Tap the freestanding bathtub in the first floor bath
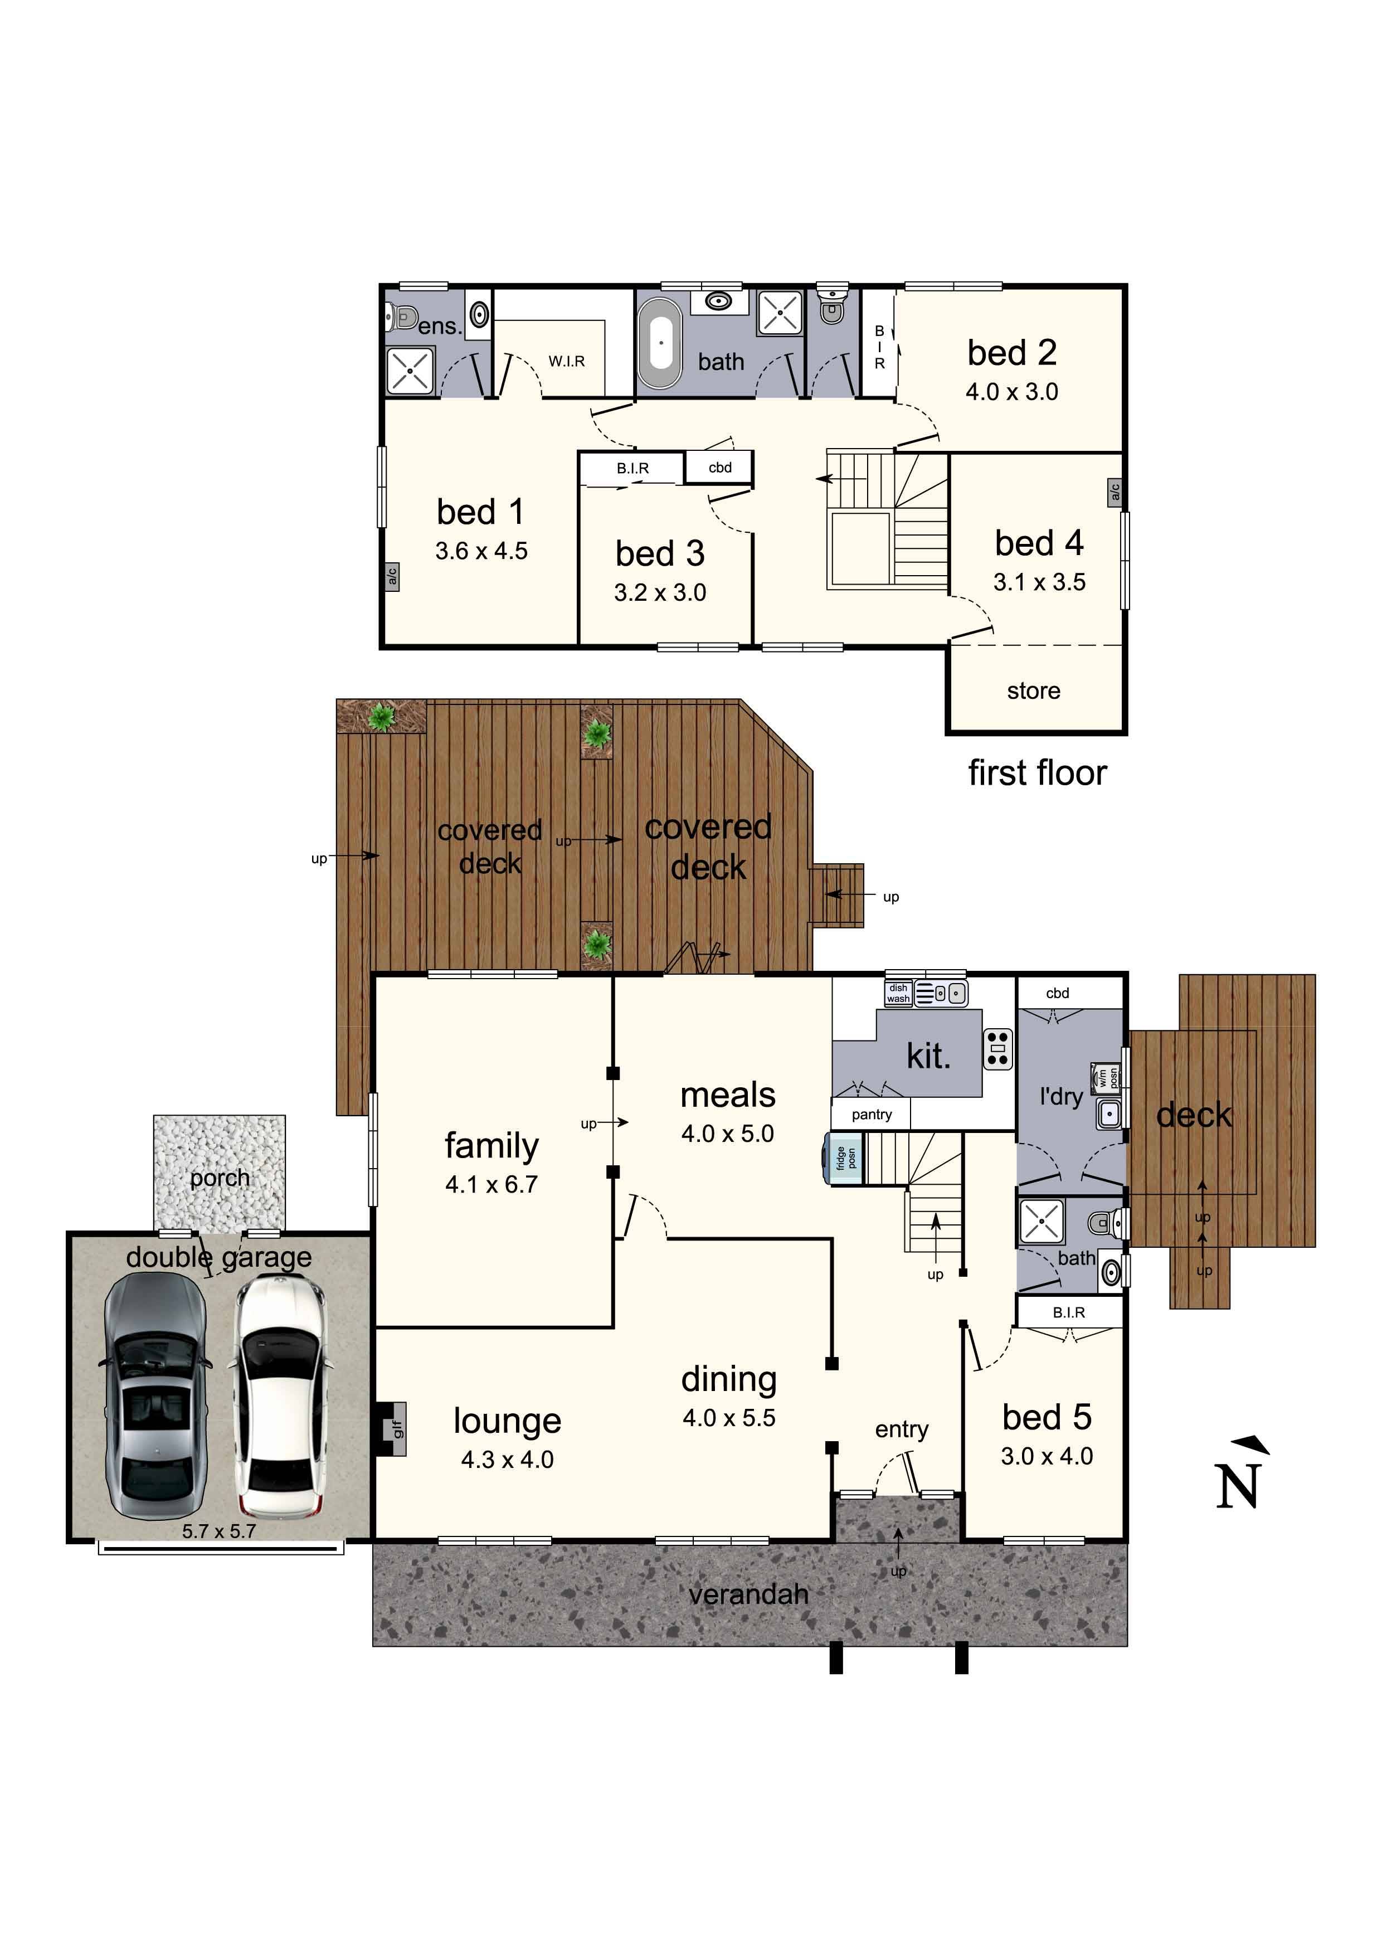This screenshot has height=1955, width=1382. point(661,343)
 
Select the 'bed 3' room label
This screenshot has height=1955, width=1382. point(660,553)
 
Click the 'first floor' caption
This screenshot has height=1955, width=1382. point(1037,773)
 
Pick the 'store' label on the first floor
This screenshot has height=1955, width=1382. point(1034,690)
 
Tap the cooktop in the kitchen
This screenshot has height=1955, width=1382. point(998,1049)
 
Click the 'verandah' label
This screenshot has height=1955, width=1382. point(748,1594)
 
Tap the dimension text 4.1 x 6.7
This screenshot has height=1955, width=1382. point(492,1184)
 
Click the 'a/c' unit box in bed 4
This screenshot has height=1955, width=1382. point(1115,492)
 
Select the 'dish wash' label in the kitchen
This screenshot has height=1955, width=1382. point(898,994)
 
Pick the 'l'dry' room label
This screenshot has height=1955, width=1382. point(1061,1097)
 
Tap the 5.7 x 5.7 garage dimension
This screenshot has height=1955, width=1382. point(219,1531)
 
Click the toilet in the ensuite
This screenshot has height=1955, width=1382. point(403,318)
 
